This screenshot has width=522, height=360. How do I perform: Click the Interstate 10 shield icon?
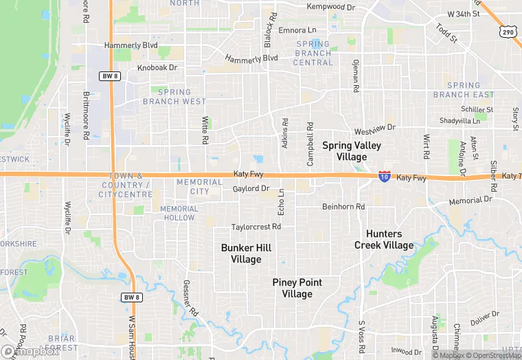385,177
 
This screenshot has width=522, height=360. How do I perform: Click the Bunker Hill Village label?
241,254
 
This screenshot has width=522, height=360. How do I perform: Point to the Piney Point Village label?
297,288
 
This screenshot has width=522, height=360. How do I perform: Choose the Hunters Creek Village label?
384,240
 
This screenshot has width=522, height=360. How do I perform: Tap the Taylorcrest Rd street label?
256,227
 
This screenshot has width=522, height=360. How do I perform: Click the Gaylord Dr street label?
251,188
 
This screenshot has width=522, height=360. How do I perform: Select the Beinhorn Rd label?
343,206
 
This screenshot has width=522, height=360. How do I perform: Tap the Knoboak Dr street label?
157,67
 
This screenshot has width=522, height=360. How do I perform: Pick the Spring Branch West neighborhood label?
174,96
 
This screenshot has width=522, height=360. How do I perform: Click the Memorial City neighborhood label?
199,186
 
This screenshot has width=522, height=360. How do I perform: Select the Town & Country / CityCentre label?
126,185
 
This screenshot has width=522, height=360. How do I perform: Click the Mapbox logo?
30,351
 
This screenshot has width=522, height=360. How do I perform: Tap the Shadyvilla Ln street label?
459,120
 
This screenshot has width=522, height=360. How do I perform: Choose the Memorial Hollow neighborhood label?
179,213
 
